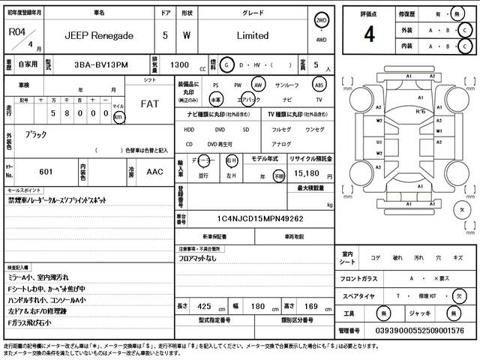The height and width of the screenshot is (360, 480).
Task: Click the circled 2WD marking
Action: tap(322, 21)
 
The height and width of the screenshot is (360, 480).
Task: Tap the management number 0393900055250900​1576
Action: tap(412, 331)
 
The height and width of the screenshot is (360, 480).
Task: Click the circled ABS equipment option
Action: tap(318, 85)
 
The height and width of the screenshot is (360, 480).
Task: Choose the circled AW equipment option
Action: tap(259, 85)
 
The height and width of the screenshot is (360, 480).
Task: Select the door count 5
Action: tap(165, 35)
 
